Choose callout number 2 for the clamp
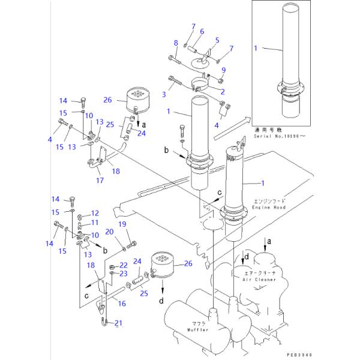pyautogui.click(x=222, y=91)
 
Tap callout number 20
pyautogui.click(x=109, y=232)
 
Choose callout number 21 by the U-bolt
pyautogui.click(x=119, y=323)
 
